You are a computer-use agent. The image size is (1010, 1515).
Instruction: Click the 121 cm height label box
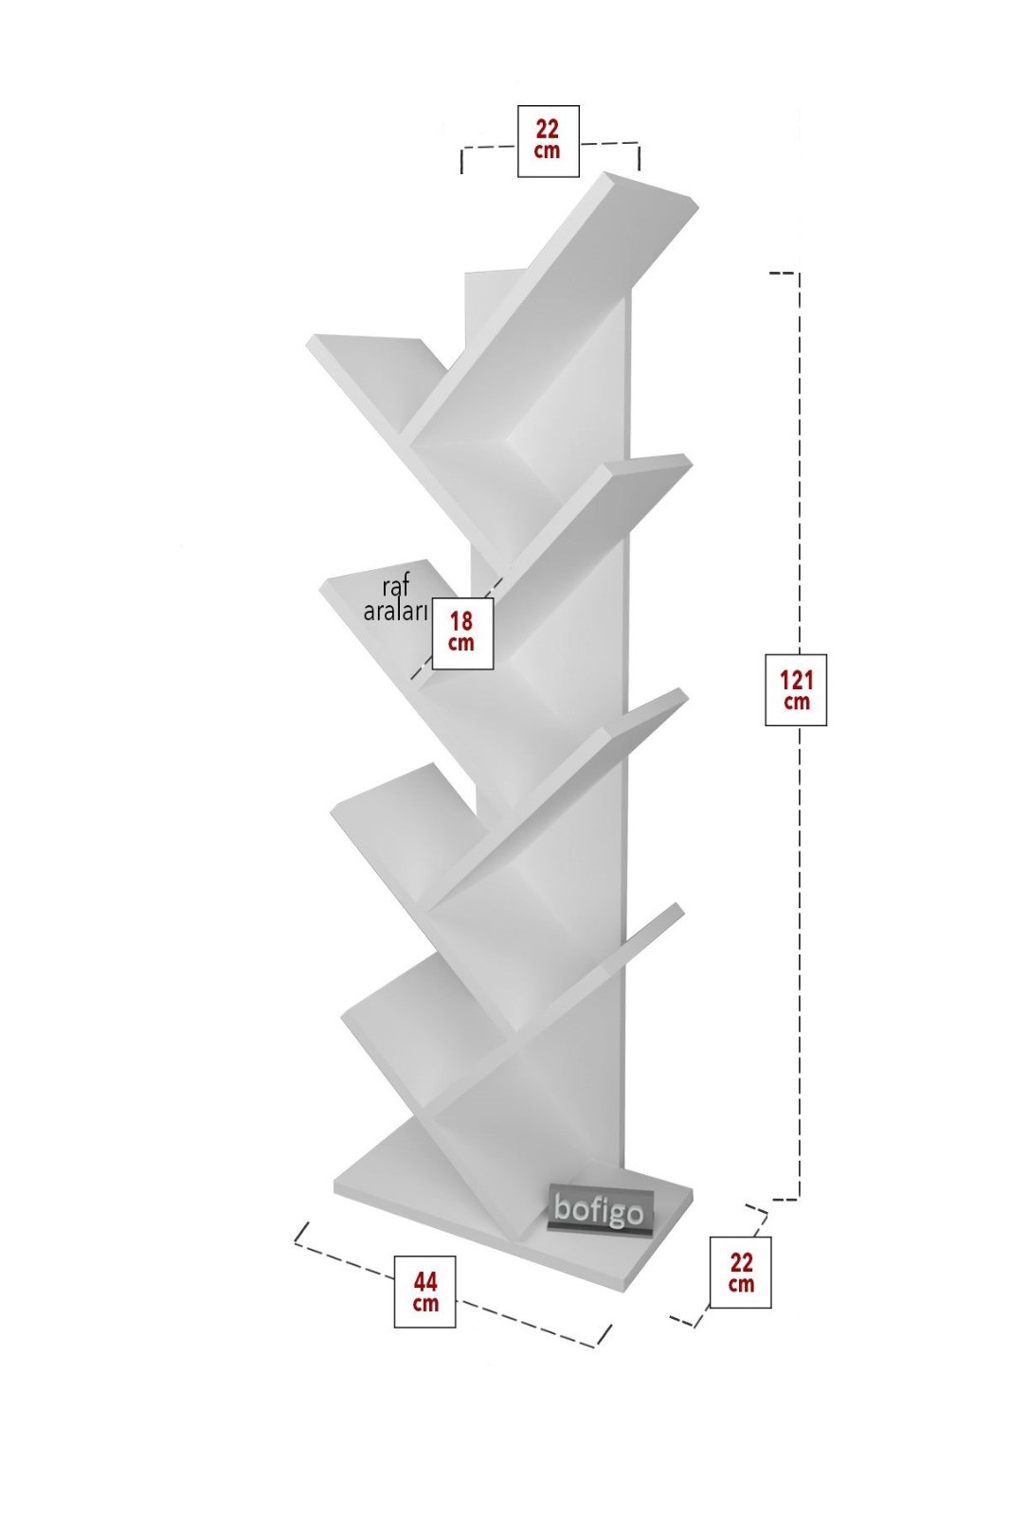pos(796,690)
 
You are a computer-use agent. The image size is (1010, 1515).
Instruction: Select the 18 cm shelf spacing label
pos(462,633)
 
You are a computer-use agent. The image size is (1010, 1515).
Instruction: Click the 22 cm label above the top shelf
pos(548,141)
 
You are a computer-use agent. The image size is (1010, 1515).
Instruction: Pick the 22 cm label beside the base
pos(741,1273)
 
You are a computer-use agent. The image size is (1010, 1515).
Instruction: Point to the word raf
pos(395,588)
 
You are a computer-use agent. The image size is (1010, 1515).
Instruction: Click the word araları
pos(396,612)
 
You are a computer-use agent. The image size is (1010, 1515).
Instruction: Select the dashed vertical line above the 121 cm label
pos(800,460)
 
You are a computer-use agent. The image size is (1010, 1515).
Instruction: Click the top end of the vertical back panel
pos(491,273)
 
